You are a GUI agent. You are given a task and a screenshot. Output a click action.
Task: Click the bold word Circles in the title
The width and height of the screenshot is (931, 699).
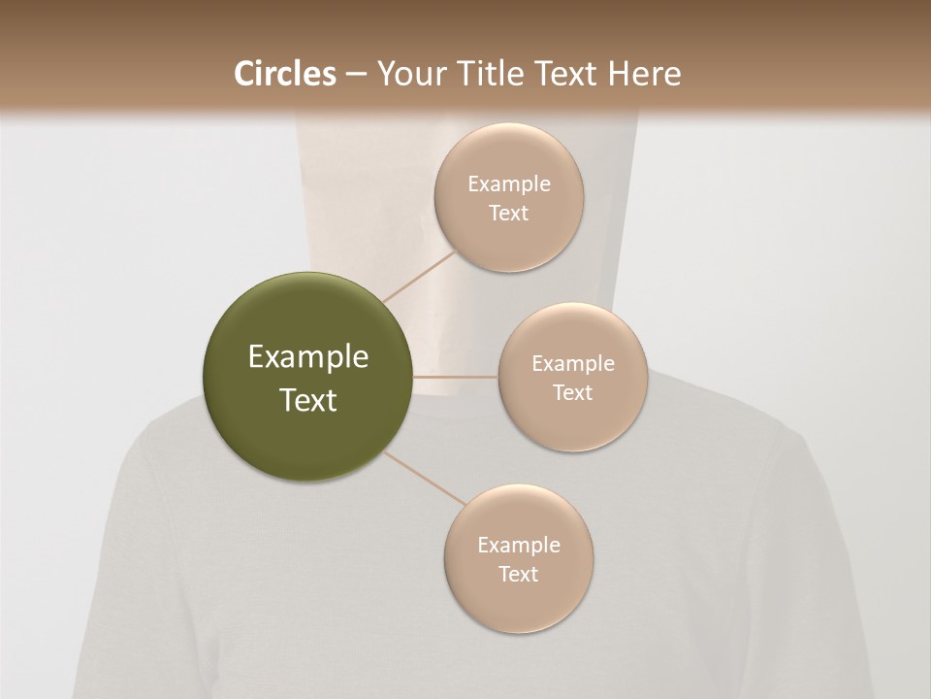click(x=285, y=74)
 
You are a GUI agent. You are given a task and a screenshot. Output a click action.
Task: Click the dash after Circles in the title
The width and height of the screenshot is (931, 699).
click(x=355, y=75)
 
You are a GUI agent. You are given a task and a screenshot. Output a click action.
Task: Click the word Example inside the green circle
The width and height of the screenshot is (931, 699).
click(x=308, y=357)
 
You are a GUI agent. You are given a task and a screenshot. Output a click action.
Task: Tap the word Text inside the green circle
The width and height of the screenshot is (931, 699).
click(x=308, y=400)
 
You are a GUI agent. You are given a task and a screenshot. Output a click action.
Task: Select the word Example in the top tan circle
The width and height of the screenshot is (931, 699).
click(x=509, y=184)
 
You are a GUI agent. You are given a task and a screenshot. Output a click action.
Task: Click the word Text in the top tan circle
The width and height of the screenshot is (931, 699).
click(x=509, y=214)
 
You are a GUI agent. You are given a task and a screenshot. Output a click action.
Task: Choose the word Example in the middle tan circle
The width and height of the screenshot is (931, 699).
click(x=573, y=364)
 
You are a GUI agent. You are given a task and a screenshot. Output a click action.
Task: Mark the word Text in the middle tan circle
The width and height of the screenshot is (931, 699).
click(x=573, y=393)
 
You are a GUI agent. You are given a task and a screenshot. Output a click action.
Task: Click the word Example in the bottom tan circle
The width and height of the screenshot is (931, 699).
click(x=519, y=546)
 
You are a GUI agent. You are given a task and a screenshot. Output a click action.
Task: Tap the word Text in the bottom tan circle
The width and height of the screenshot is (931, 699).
click(x=519, y=575)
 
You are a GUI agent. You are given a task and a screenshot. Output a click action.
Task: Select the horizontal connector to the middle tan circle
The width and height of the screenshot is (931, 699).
click(x=456, y=377)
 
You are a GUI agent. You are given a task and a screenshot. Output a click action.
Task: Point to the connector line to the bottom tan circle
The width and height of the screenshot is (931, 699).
click(x=425, y=479)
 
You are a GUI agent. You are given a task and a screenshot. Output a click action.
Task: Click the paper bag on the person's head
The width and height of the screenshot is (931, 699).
click(x=369, y=223)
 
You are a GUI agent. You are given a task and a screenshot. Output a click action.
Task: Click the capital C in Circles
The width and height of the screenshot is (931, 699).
click(x=244, y=74)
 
